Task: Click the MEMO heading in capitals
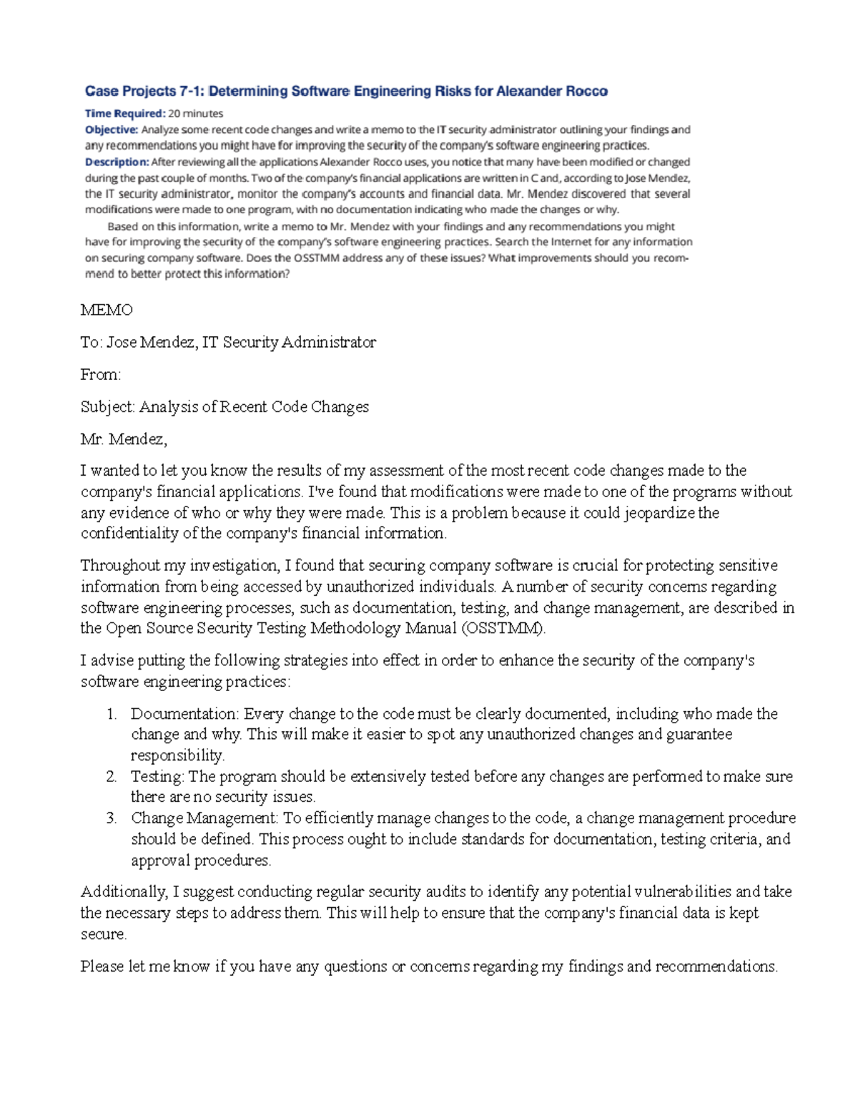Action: click(x=107, y=310)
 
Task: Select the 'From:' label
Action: click(x=101, y=374)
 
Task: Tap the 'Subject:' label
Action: click(x=107, y=407)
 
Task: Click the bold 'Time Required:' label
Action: click(x=125, y=113)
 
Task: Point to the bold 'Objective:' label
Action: click(x=112, y=129)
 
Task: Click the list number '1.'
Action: click(x=111, y=714)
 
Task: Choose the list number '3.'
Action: click(x=111, y=818)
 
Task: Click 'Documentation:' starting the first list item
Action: click(x=184, y=714)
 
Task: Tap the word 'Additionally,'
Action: click(x=124, y=892)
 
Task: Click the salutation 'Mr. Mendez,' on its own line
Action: click(x=124, y=439)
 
